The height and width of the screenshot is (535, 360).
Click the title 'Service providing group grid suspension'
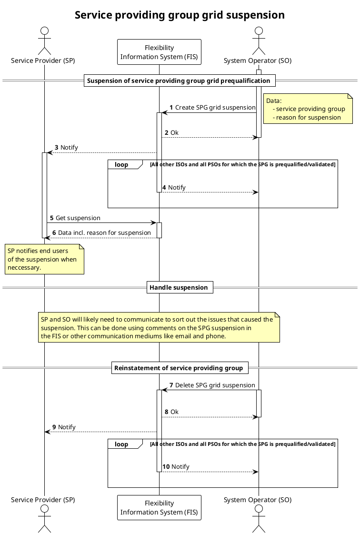[x=180, y=15]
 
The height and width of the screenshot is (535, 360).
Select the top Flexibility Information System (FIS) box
[x=159, y=52]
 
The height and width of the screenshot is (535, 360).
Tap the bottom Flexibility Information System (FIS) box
[x=159, y=507]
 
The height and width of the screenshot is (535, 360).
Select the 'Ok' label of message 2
[x=174, y=132]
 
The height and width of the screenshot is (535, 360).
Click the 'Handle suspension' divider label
[x=179, y=287]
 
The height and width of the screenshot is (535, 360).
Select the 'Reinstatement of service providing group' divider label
[x=180, y=368]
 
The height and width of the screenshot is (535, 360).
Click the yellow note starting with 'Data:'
[x=307, y=109]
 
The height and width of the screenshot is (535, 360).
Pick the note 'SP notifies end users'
[x=45, y=259]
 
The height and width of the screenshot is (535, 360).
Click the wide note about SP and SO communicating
[x=159, y=328]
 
